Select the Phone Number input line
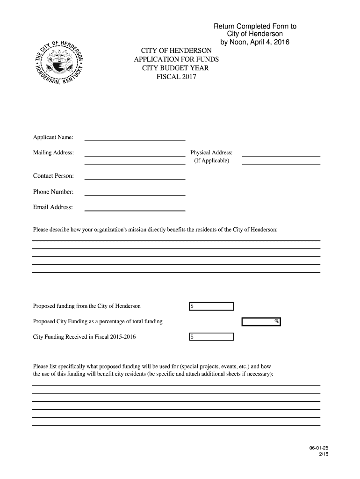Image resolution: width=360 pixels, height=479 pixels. pyautogui.click(x=135, y=193)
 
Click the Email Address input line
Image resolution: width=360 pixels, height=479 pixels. pyautogui.click(x=135, y=208)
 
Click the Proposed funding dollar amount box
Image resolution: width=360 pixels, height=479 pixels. pyautogui.click(x=211, y=306)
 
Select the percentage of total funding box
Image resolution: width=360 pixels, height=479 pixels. pyautogui.click(x=261, y=322)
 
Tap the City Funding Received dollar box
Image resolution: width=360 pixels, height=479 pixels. pyautogui.click(x=211, y=337)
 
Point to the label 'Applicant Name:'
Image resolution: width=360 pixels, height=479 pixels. pyautogui.click(x=53, y=138)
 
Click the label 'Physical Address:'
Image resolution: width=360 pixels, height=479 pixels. pyautogui.click(x=211, y=153)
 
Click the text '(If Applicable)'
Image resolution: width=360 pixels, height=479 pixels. pyautogui.click(x=211, y=161)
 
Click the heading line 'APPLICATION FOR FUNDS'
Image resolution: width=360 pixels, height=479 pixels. pyautogui.click(x=176, y=59)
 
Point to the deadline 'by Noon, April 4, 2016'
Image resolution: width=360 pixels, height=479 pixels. pyautogui.click(x=255, y=43)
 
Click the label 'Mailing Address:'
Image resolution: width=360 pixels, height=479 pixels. pyautogui.click(x=53, y=153)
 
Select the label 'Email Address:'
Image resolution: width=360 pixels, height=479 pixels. pyautogui.click(x=53, y=207)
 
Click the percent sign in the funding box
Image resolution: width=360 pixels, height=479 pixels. pyautogui.click(x=277, y=322)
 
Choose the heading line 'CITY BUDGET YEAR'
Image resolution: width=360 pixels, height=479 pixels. pyautogui.click(x=176, y=68)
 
